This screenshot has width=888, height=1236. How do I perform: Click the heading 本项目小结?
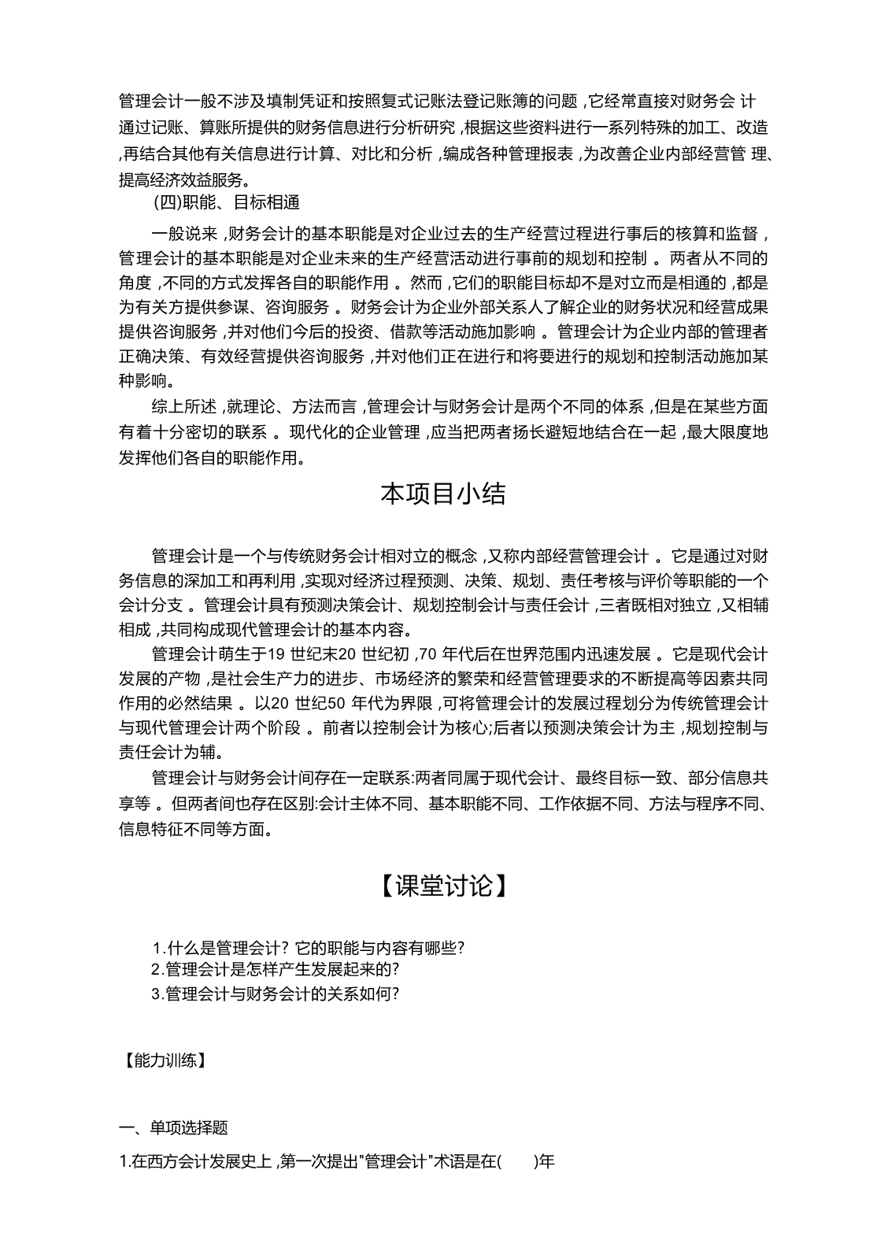(x=443, y=494)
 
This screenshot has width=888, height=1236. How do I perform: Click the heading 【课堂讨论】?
(x=443, y=886)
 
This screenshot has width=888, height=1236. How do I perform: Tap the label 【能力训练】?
(x=164, y=1060)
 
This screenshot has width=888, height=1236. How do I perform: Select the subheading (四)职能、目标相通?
(x=227, y=202)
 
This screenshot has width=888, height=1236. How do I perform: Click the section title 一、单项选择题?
(x=173, y=1128)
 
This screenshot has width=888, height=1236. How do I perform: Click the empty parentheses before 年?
(x=517, y=1161)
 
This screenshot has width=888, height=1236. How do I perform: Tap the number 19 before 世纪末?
(x=275, y=654)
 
